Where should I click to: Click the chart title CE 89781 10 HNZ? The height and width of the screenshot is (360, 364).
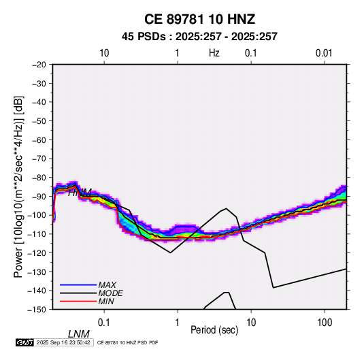click(x=199, y=19)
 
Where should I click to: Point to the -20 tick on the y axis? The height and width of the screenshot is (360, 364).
click(x=39, y=65)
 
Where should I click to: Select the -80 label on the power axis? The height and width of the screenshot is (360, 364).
click(x=39, y=178)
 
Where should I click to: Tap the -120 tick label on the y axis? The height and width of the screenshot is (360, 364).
click(x=37, y=252)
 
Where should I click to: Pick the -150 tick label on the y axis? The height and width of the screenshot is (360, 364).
click(x=37, y=310)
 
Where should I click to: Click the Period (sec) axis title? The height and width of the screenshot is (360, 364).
click(x=214, y=330)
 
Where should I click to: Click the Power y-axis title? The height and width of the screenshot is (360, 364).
click(x=18, y=186)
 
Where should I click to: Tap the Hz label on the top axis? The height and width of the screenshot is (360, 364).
click(x=214, y=53)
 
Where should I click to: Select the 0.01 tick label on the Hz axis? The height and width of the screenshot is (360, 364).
click(x=324, y=53)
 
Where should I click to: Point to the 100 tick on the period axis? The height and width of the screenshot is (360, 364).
click(x=325, y=323)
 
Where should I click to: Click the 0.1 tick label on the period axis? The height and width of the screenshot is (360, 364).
click(x=104, y=323)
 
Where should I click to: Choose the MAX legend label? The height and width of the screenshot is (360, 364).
click(x=107, y=285)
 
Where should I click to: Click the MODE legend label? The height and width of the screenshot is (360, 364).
click(x=110, y=293)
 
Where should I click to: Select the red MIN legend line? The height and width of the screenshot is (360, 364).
click(x=78, y=301)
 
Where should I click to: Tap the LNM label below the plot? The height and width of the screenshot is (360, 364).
click(x=79, y=334)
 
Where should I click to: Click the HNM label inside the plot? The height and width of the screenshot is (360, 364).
click(x=80, y=193)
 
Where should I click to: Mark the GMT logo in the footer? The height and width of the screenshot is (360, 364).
click(x=24, y=342)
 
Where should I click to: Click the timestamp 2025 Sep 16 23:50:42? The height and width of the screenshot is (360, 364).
click(x=63, y=342)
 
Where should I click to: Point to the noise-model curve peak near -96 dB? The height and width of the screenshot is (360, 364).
click(x=226, y=208)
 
